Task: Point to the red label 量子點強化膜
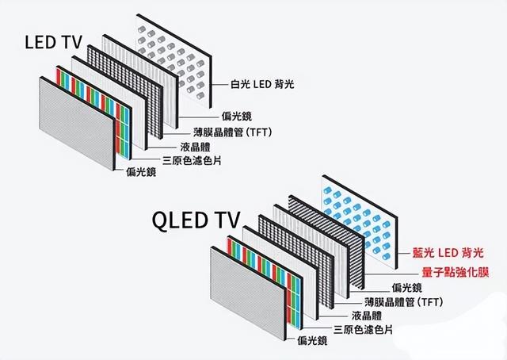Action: [x=448, y=272]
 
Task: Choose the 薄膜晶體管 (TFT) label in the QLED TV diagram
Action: [x=403, y=302]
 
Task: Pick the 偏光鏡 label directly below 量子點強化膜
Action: [x=407, y=287]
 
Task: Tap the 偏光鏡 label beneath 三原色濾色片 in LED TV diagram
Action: [x=140, y=171]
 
